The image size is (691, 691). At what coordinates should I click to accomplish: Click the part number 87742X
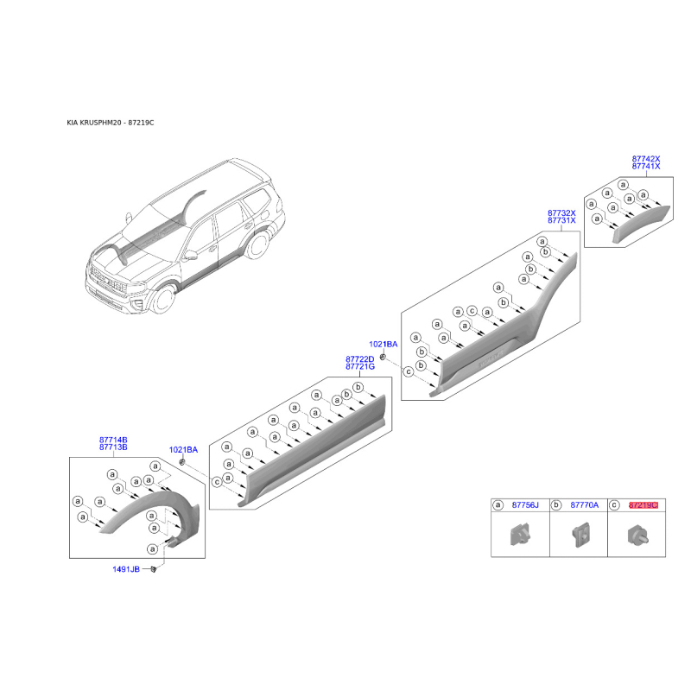pyautogui.click(x=646, y=159)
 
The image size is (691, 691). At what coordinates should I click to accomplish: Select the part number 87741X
pyautogui.click(x=646, y=166)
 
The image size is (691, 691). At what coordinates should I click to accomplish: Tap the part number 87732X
pyautogui.click(x=561, y=212)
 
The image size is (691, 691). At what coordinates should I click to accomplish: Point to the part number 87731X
pyautogui.click(x=561, y=220)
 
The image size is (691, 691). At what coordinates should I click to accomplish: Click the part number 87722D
pyautogui.click(x=359, y=359)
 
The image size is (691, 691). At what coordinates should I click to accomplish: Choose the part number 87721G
pyautogui.click(x=360, y=366)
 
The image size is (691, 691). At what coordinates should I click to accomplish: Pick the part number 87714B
pyautogui.click(x=113, y=440)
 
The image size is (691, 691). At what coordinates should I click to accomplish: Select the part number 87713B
pyautogui.click(x=113, y=447)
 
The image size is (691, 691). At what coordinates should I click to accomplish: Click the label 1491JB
pyautogui.click(x=126, y=569)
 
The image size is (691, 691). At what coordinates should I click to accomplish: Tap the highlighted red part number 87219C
pyautogui.click(x=643, y=505)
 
